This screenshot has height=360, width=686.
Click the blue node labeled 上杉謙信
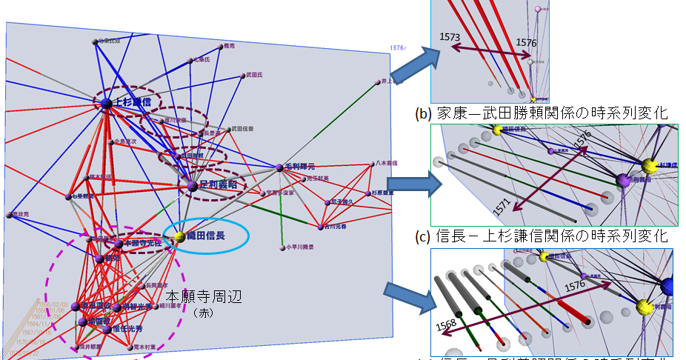pos(106,103)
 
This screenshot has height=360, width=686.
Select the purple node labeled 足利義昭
pos(192,186)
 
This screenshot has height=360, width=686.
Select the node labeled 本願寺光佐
pos(118,243)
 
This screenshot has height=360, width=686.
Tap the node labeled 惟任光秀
pos(107,328)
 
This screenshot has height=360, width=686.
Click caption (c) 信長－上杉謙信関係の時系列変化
pos(542,236)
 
